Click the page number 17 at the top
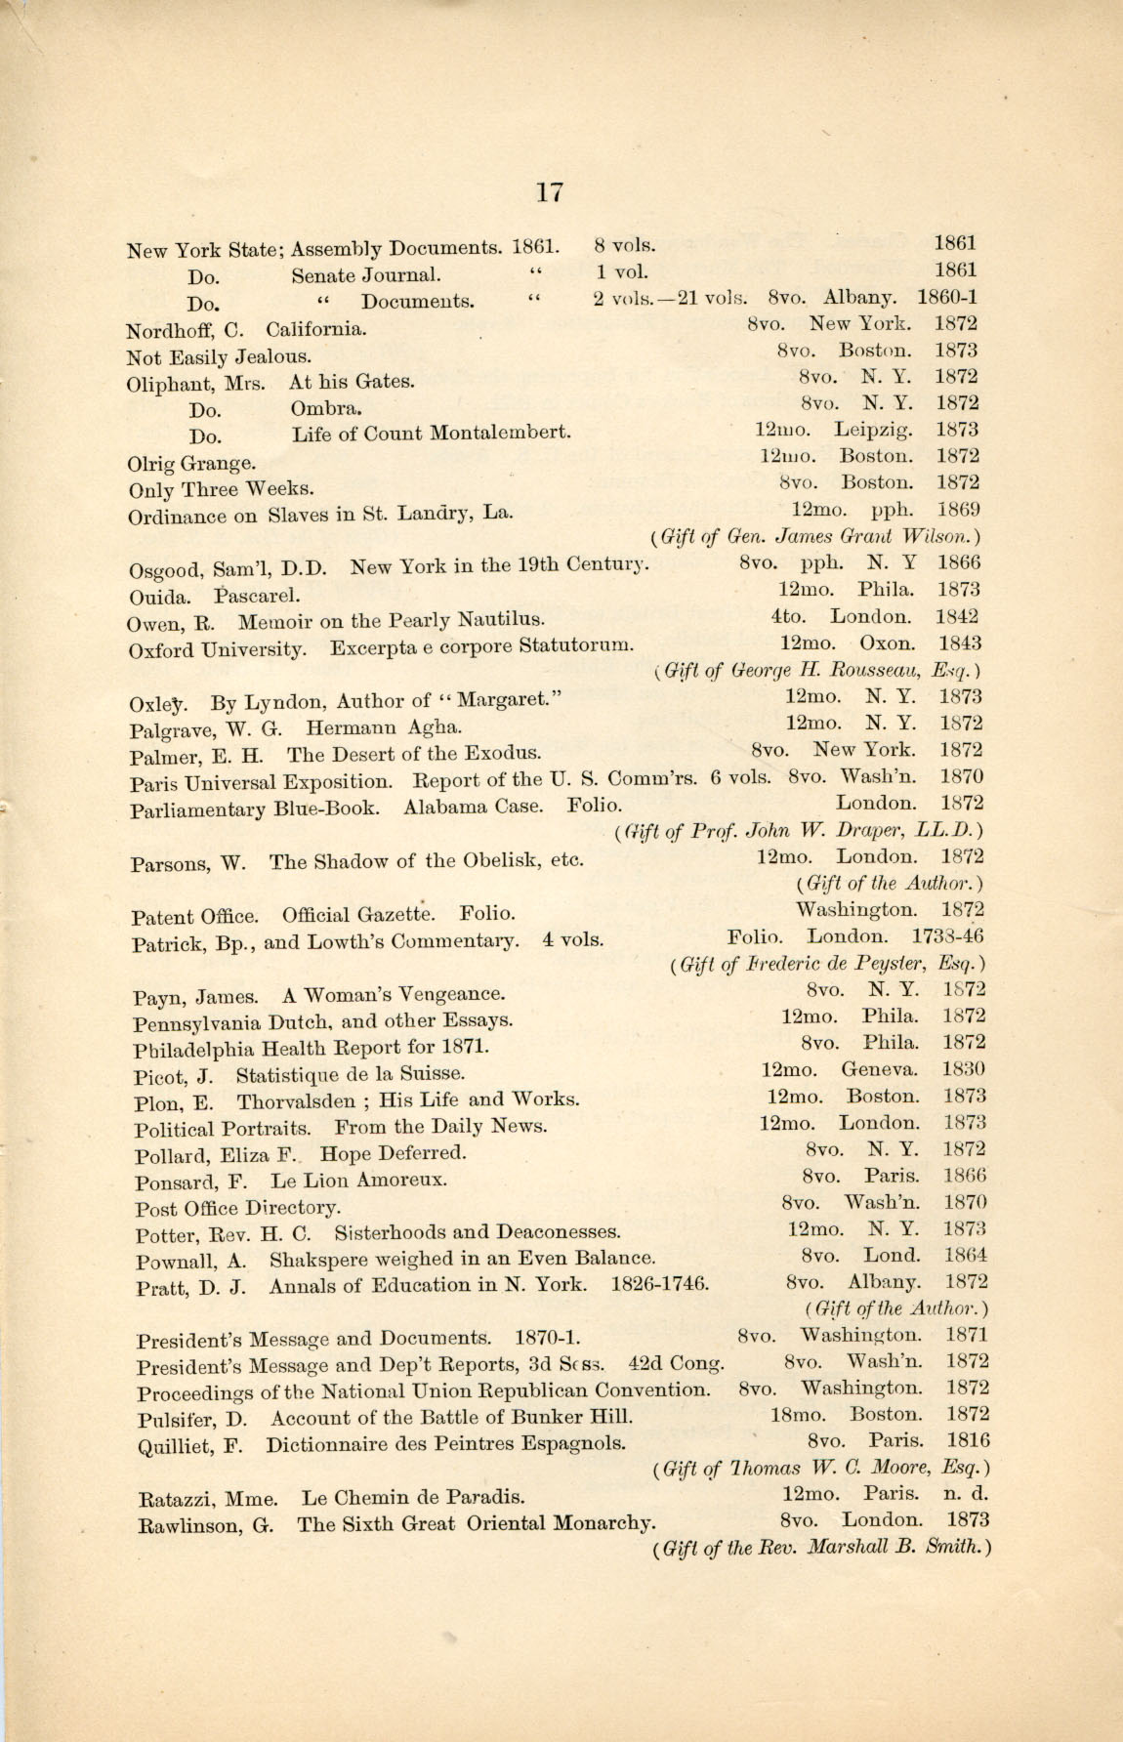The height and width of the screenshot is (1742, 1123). [550, 191]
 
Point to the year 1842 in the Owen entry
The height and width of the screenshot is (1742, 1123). [957, 617]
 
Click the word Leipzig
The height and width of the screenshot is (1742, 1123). [874, 430]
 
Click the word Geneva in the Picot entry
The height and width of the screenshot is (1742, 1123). [880, 1069]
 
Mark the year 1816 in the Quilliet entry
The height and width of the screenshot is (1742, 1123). [968, 1440]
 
